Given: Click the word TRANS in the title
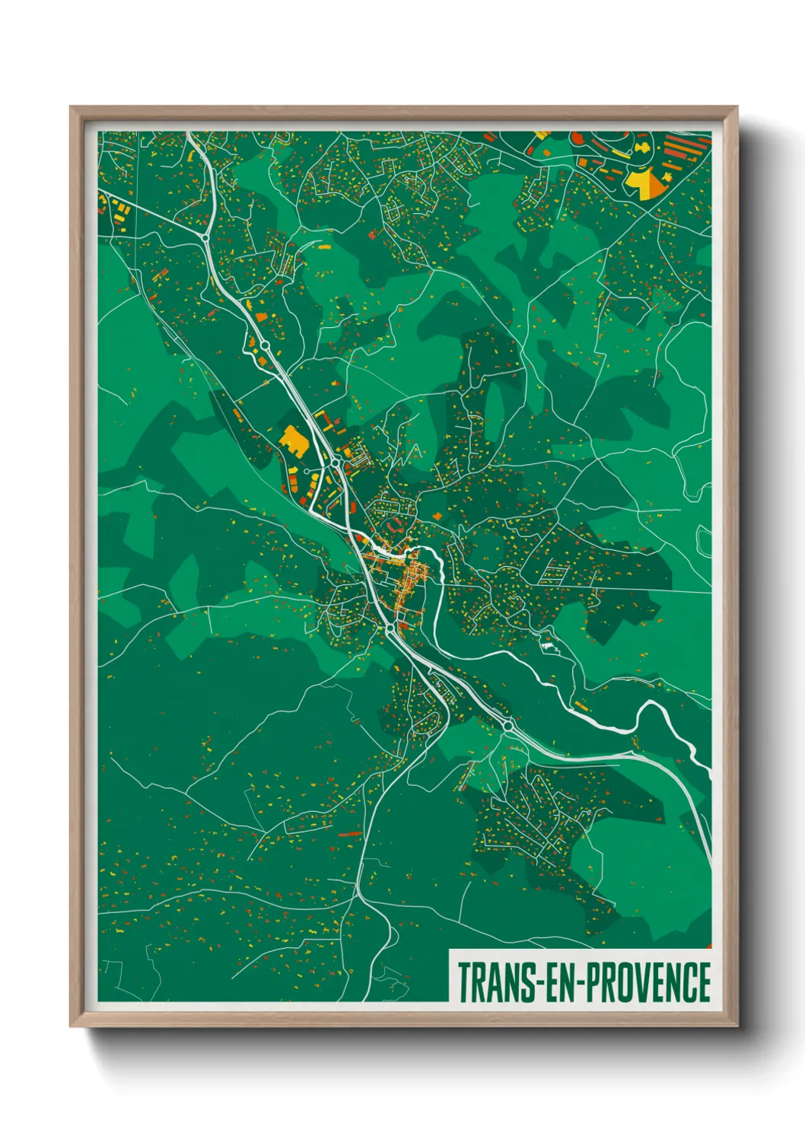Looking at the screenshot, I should point(495,982).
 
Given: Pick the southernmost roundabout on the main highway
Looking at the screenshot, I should point(508,727).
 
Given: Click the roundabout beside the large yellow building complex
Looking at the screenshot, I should point(335,462).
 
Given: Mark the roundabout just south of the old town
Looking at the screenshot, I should point(390,628).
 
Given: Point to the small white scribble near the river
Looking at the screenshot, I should point(548,645).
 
